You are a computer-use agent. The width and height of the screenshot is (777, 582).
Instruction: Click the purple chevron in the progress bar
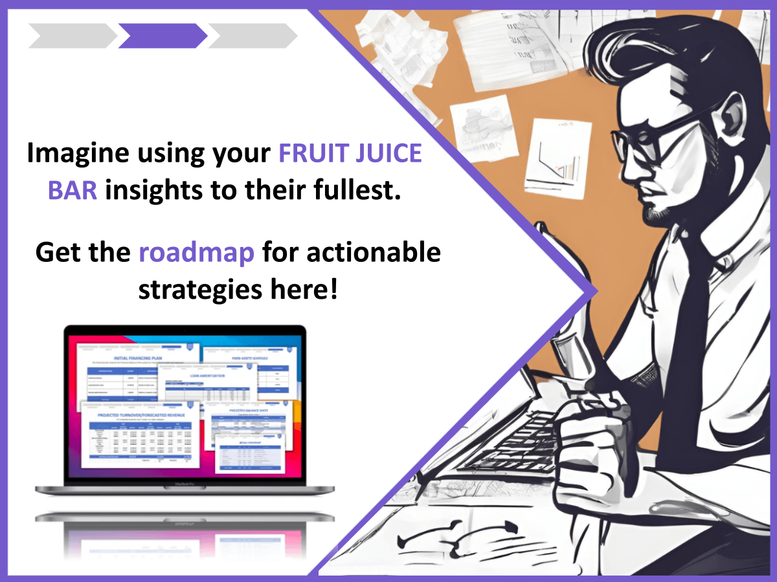[x=163, y=36]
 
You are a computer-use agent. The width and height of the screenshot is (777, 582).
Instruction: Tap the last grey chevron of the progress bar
[x=253, y=36]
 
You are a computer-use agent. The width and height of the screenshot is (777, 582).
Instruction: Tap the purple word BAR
[x=73, y=191]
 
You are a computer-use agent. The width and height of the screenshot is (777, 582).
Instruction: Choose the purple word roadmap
[x=197, y=252]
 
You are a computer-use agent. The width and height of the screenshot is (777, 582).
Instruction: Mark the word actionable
[x=374, y=252]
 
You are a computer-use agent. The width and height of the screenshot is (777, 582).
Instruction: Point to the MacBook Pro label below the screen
[x=185, y=484]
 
